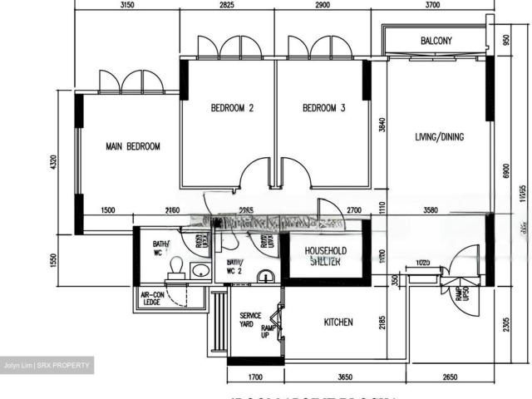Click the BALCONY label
pyautogui.click(x=436, y=41)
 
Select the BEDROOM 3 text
pyautogui.click(x=323, y=108)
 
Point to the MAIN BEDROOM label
pyautogui.click(x=132, y=146)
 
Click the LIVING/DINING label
pyautogui.click(x=440, y=137)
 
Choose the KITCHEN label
pyautogui.click(x=338, y=322)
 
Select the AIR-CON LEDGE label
pyautogui.click(x=151, y=298)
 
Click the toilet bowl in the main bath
pyautogui.click(x=175, y=265)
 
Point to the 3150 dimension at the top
pyautogui.click(x=127, y=6)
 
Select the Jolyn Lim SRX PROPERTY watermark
pyautogui.click(x=47, y=366)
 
